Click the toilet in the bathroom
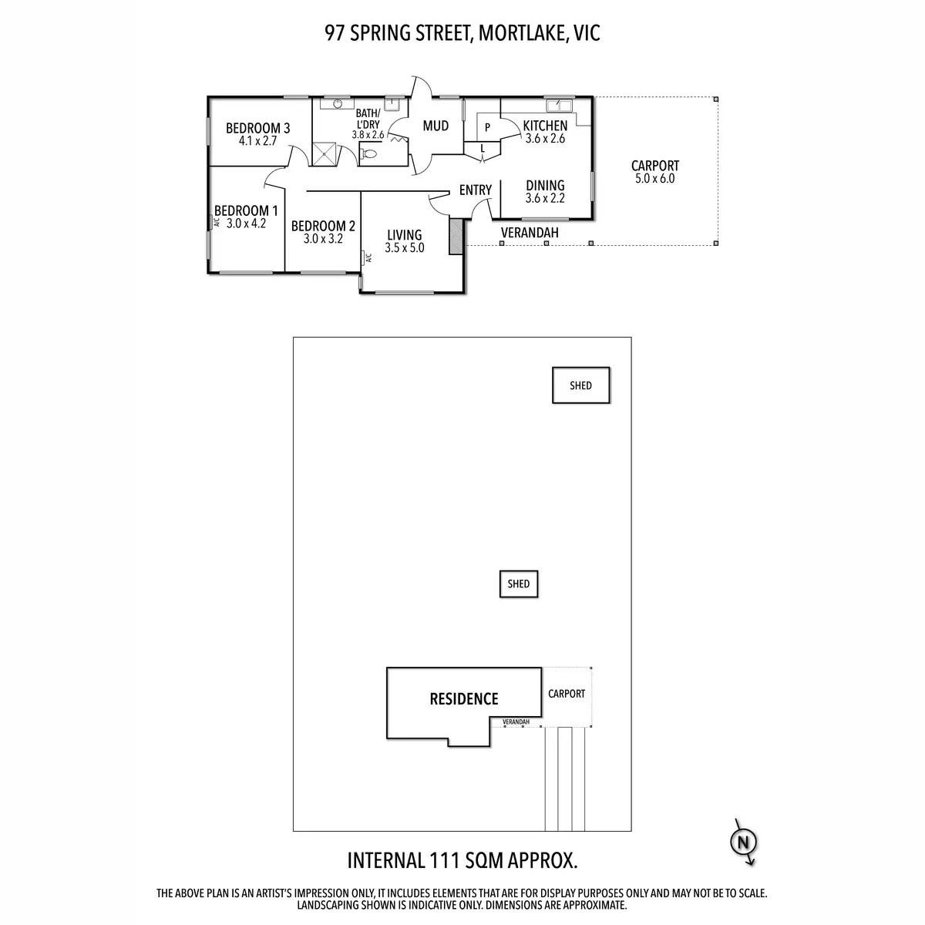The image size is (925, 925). pyautogui.click(x=368, y=153)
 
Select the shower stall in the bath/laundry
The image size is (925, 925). pyautogui.click(x=325, y=153)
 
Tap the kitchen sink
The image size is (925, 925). pyautogui.click(x=559, y=105)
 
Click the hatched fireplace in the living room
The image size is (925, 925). pyautogui.click(x=456, y=237)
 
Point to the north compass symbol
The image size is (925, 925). pyautogui.click(x=744, y=843)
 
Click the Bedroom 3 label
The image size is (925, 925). pyautogui.click(x=257, y=128)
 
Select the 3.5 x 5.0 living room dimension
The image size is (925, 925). pyautogui.click(x=404, y=247)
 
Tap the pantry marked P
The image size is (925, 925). pyautogui.click(x=487, y=127)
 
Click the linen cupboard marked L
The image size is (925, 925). pyautogui.click(x=483, y=149)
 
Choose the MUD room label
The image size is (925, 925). pyautogui.click(x=436, y=126)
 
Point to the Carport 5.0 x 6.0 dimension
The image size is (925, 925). pyautogui.click(x=654, y=179)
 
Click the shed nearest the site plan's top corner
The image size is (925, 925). pyautogui.click(x=581, y=385)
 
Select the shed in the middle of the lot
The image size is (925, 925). pyautogui.click(x=519, y=584)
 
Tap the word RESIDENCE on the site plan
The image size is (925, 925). pyautogui.click(x=464, y=699)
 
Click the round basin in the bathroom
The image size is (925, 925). pyautogui.click(x=338, y=103)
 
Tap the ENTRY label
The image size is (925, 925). pyautogui.click(x=476, y=190)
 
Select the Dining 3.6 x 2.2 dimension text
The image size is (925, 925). pyautogui.click(x=545, y=198)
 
